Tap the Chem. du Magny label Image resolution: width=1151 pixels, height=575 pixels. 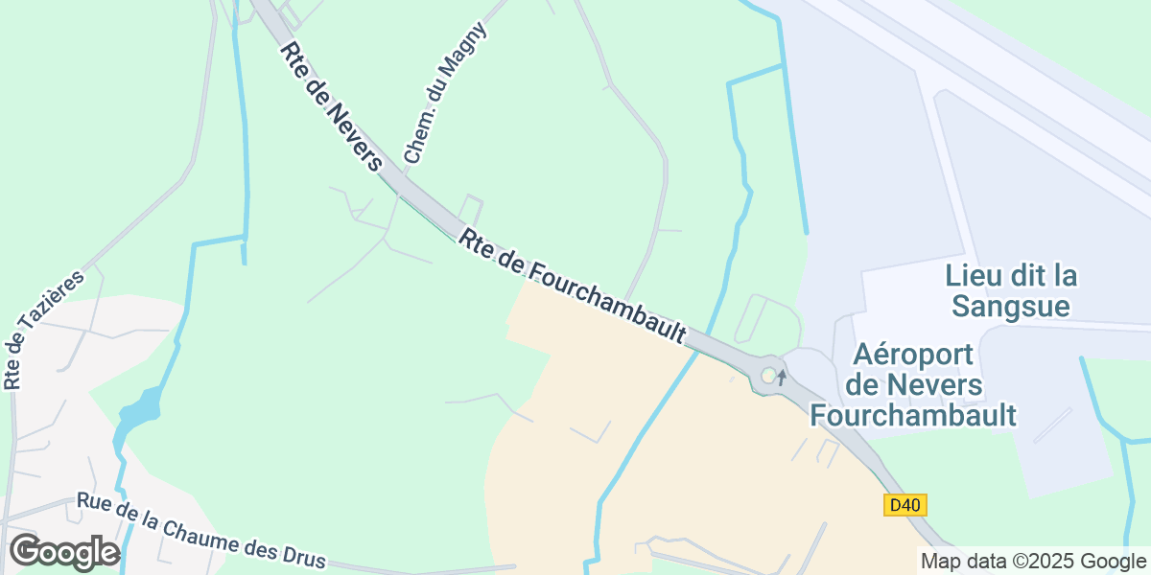[445, 92]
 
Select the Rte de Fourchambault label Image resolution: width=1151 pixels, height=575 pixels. [573, 285]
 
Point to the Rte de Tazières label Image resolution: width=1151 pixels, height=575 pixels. [43, 329]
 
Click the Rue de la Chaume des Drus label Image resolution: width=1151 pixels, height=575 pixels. [201, 531]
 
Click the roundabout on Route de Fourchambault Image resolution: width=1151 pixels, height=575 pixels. [768, 376]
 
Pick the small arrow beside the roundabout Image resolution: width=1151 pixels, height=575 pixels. [782, 377]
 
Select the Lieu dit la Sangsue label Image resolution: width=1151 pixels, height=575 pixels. [1011, 290]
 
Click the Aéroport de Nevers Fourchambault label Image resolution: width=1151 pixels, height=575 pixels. [913, 385]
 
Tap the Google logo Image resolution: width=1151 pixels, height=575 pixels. [63, 553]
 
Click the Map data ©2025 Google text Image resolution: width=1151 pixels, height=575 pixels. [1033, 561]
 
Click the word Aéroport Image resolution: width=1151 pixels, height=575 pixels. [913, 356]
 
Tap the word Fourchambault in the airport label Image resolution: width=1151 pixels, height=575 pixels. [913, 415]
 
